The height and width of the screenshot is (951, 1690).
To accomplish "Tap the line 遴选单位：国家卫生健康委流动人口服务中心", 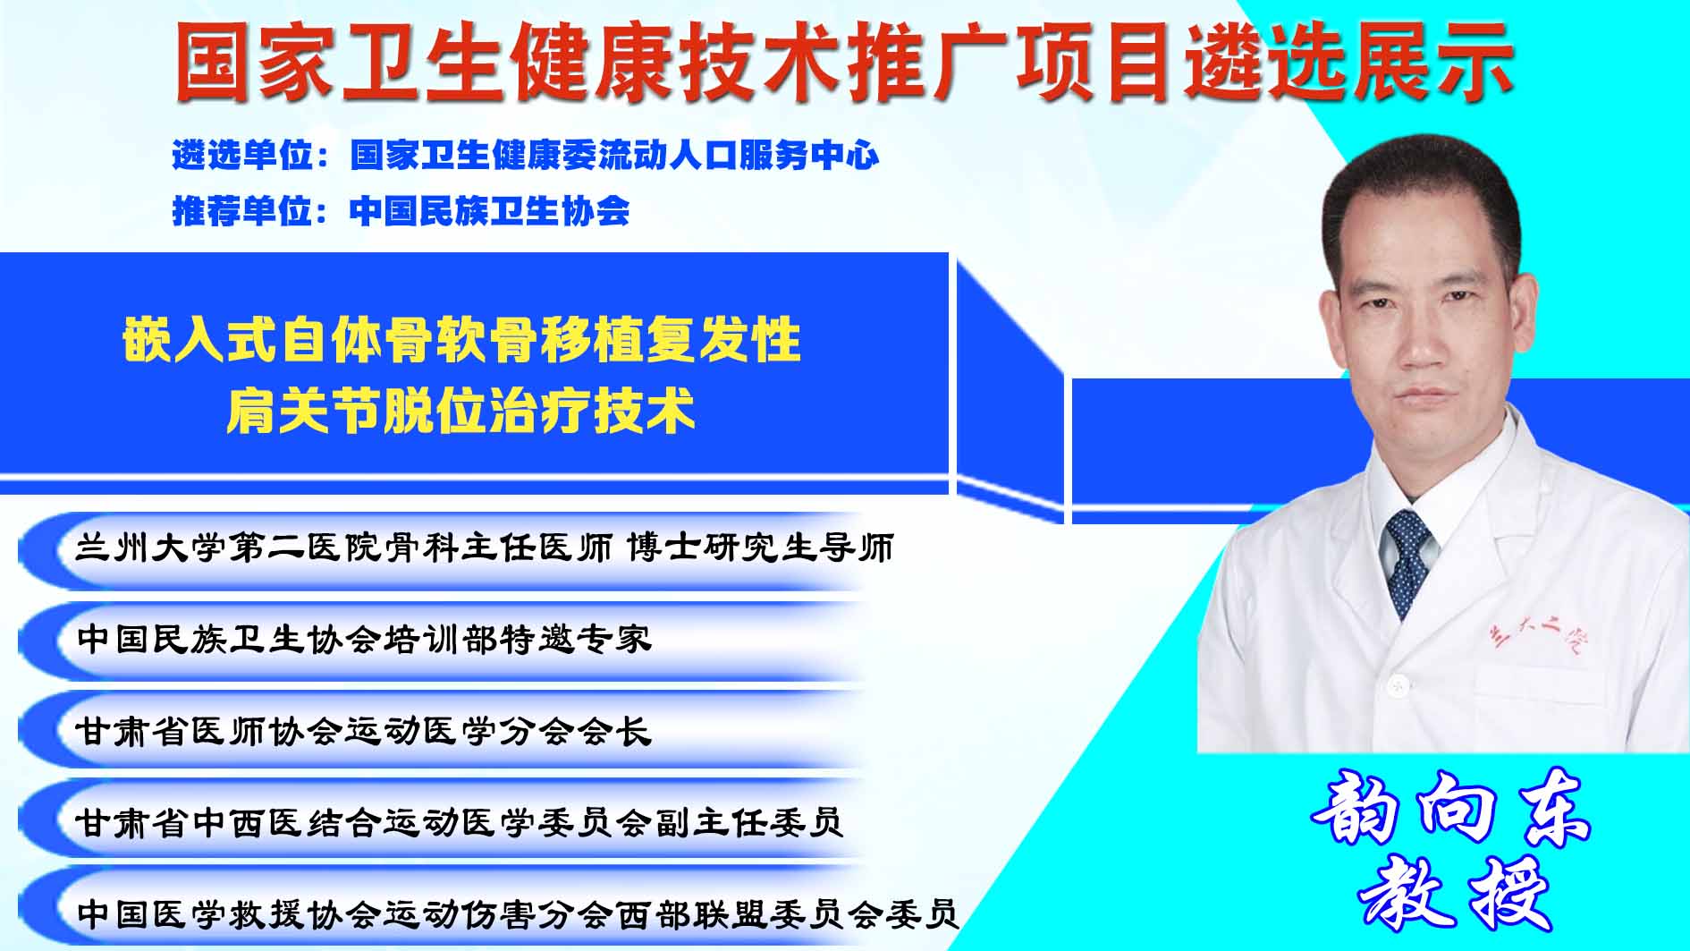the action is pyautogui.click(x=526, y=156).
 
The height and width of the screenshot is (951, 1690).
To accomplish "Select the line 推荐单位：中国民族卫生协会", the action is pyautogui.click(x=401, y=211).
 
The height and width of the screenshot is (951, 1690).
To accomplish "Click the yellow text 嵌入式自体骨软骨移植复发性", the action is pyautogui.click(x=461, y=341).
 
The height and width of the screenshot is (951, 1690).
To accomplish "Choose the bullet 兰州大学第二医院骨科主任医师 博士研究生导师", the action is pyautogui.click(x=484, y=548).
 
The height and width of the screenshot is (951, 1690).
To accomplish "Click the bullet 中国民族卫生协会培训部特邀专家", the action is pyautogui.click(x=364, y=639).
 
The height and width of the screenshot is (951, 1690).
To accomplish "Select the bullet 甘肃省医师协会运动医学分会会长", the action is pyautogui.click(x=363, y=731).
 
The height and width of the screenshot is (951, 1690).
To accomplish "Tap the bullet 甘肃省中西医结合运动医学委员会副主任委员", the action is pyautogui.click(x=459, y=821).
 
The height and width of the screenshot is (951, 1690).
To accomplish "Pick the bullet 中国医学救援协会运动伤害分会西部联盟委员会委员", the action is pyautogui.click(x=518, y=913).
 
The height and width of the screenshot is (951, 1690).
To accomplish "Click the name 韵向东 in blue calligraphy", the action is pyautogui.click(x=1450, y=807).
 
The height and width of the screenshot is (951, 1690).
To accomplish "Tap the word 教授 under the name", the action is pyautogui.click(x=1455, y=892).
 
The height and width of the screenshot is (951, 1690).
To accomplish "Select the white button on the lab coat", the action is pyautogui.click(x=1394, y=685).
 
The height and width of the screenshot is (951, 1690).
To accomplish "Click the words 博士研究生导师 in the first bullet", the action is pyautogui.click(x=760, y=548).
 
